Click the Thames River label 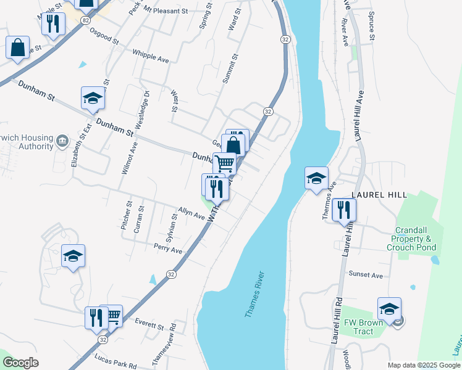pos(254,294)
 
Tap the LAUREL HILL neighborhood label pos(379,195)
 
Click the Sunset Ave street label pos(366,275)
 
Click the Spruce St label pos(371,25)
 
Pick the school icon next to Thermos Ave pos(316,178)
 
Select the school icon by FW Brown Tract pos(390,308)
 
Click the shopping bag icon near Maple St pos(17,47)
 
